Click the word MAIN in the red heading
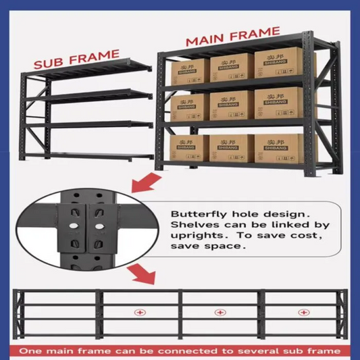(x=205, y=39)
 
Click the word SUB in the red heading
(x=48, y=62)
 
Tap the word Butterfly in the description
(x=199, y=214)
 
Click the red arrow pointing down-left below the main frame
(x=146, y=183)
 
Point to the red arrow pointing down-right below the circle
(x=142, y=274)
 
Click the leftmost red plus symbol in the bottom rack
(x=140, y=313)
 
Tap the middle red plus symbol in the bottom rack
(x=220, y=312)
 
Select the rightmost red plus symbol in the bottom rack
(x=303, y=312)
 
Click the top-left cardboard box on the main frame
(x=190, y=72)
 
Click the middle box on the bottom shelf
(x=232, y=149)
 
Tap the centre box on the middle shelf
(x=232, y=105)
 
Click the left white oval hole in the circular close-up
(x=74, y=226)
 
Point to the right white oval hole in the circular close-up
(x=99, y=227)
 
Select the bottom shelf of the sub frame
(x=88, y=156)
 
